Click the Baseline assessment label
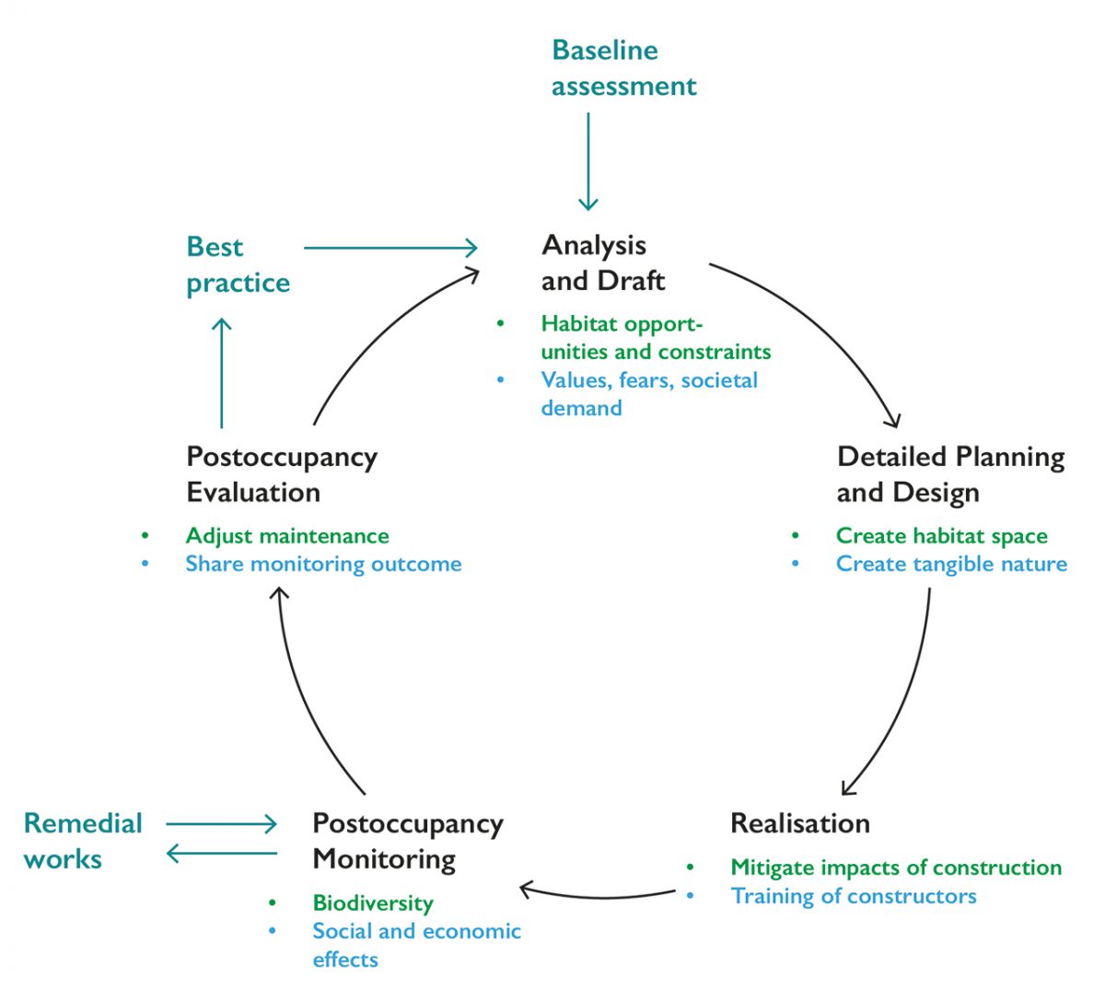[x=623, y=68]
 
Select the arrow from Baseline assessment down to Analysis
[x=587, y=161]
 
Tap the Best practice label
[x=238, y=264]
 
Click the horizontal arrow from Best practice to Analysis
[x=390, y=247]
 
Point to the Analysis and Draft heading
[x=602, y=262]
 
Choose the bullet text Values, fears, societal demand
[x=648, y=393]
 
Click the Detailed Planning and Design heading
[x=949, y=474]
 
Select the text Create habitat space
[x=941, y=536]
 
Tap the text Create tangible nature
[x=951, y=564]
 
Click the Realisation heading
[x=799, y=822]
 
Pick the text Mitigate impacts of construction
[x=895, y=868]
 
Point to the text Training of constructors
[x=853, y=896]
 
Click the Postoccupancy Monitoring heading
[x=407, y=841]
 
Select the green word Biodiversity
[x=372, y=903]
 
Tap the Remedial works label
[x=82, y=841]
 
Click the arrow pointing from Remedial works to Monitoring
[x=221, y=823]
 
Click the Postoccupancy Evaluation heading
[x=281, y=474]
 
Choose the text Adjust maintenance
[x=286, y=536]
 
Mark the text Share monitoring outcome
[x=323, y=564]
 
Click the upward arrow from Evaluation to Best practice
[x=221, y=373]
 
